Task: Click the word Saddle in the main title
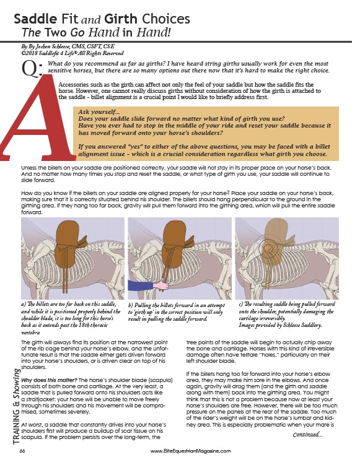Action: (x=35, y=19)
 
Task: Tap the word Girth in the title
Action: (x=121, y=19)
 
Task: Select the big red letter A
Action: (x=38, y=117)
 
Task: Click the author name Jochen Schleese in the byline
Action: (x=52, y=46)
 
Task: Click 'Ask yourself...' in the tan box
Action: (x=99, y=112)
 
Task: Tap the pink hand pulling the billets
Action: (x=160, y=285)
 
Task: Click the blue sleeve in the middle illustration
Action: (x=141, y=285)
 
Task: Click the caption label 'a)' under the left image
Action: (x=24, y=304)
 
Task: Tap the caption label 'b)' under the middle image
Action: (x=131, y=305)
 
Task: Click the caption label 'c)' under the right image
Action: (x=241, y=304)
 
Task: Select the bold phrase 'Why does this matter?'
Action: (x=50, y=380)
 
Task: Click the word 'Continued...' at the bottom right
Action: (x=307, y=435)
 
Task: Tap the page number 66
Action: (x=22, y=451)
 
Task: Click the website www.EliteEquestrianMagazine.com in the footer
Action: (x=190, y=451)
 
